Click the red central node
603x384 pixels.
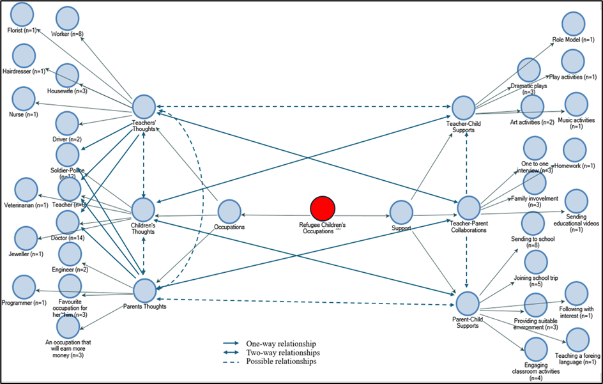(323, 208)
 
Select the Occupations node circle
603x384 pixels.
(229, 212)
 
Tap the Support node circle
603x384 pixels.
(401, 212)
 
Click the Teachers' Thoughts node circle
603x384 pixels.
(144, 107)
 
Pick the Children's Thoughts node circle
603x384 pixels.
(143, 210)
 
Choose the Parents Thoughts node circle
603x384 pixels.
(144, 291)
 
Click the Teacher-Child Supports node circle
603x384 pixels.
(463, 107)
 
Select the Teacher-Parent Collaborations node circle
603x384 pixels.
(469, 208)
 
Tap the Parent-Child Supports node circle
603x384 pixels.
(468, 303)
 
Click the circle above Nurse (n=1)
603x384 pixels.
(24, 98)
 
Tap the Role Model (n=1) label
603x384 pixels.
(573, 40)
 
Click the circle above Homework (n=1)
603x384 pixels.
(574, 150)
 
